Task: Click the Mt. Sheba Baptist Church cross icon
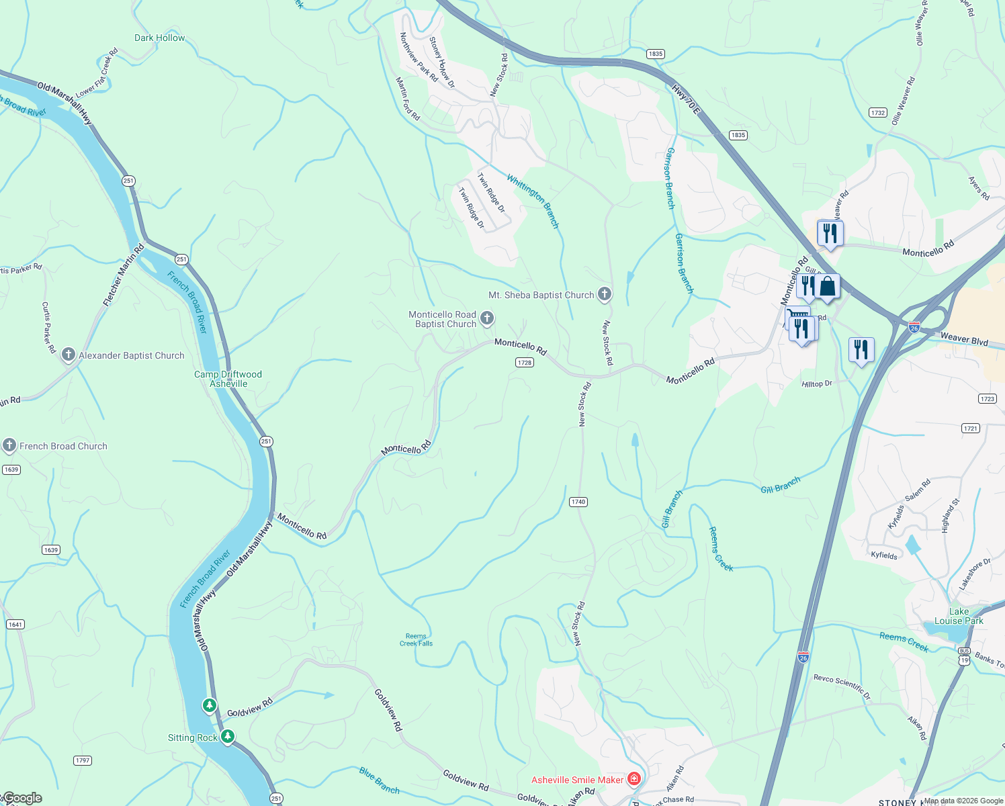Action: [x=605, y=294]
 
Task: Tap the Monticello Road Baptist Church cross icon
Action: [x=488, y=318]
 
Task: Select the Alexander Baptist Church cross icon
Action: [x=68, y=355]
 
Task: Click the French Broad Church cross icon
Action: [x=9, y=445]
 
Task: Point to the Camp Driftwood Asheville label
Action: [x=228, y=379]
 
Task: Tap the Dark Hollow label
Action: [x=159, y=38]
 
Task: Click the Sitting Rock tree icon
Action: [x=228, y=737]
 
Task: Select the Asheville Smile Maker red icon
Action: [x=633, y=779]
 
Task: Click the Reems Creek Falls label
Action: [x=416, y=639]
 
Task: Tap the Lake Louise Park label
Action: [x=959, y=616]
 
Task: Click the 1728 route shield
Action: [x=525, y=362]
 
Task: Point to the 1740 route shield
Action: [x=578, y=502]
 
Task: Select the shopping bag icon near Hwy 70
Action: [x=828, y=287]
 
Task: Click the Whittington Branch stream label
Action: [x=533, y=201]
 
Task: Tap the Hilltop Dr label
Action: [x=817, y=384]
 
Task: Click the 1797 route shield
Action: [x=82, y=760]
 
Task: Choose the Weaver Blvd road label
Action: [x=964, y=339]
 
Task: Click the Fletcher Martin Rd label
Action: [x=124, y=275]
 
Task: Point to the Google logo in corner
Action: [x=22, y=798]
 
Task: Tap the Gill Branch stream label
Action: [x=780, y=485]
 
